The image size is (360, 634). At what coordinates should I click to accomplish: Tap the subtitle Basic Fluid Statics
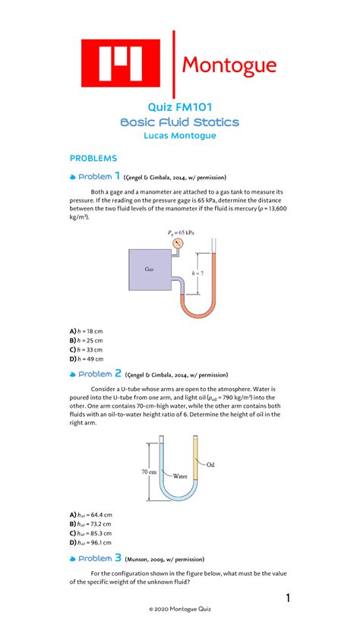point(180,121)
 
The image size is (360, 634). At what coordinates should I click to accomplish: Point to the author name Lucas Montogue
point(180,136)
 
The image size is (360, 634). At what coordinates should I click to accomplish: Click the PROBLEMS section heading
point(93,158)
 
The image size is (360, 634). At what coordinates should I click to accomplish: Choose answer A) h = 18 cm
point(87,332)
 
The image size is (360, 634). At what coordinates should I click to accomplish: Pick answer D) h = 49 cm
point(87,359)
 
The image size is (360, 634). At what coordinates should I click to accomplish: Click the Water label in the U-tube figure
point(179,477)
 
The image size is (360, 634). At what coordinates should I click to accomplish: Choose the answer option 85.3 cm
point(91,533)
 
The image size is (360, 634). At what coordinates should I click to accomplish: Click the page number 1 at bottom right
point(288,600)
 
